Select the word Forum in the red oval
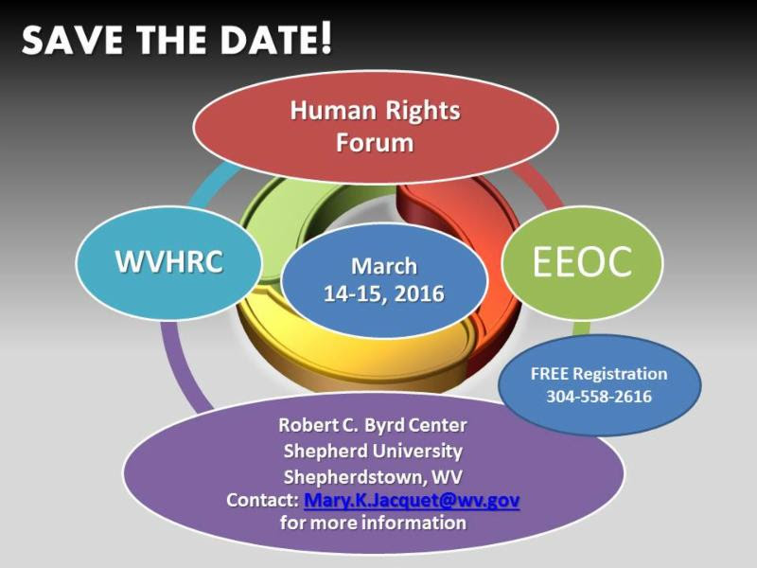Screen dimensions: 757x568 click(x=375, y=143)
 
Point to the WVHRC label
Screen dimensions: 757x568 click(x=169, y=261)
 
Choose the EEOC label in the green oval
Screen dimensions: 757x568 click(x=582, y=261)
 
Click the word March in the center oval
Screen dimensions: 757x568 click(x=384, y=266)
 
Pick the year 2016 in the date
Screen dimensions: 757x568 click(x=419, y=293)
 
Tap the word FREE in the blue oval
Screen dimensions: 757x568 click(x=551, y=373)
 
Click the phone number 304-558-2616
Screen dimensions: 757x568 click(x=599, y=397)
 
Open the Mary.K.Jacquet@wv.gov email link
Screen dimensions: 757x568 click(x=412, y=501)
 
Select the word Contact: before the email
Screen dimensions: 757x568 click(x=262, y=500)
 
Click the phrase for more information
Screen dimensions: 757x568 click(x=373, y=523)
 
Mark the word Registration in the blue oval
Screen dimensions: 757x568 click(x=620, y=374)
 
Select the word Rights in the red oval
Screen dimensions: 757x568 click(x=422, y=112)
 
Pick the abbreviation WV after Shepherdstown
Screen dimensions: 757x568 click(x=447, y=477)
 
